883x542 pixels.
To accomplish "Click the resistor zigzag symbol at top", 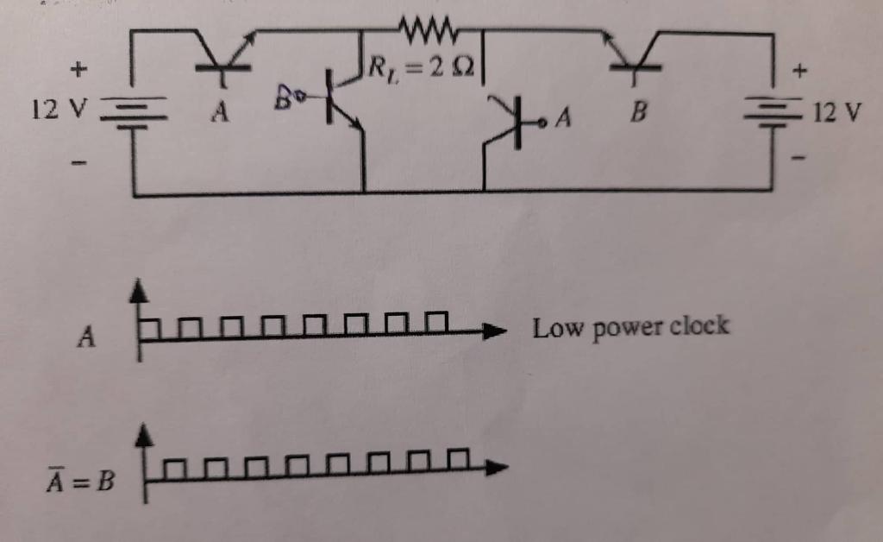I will click(x=429, y=32).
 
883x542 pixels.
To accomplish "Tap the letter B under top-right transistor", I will click(x=637, y=113).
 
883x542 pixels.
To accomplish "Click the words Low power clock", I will click(x=630, y=327).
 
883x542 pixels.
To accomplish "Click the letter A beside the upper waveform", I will click(x=85, y=337).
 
